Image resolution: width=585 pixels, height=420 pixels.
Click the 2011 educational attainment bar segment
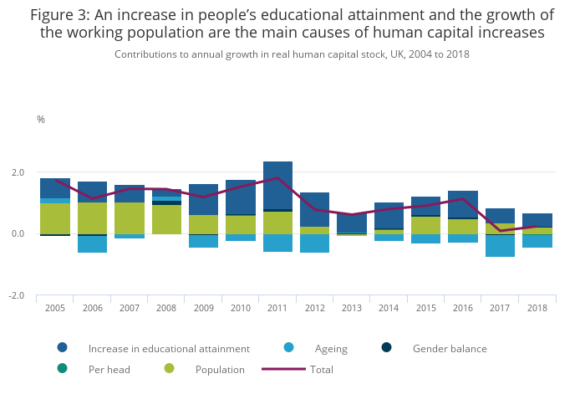[x=277, y=185]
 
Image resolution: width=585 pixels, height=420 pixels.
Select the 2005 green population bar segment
[x=55, y=218]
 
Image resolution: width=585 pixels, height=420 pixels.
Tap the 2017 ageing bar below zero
[x=500, y=246]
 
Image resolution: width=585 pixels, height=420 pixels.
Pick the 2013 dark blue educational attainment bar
[x=352, y=223]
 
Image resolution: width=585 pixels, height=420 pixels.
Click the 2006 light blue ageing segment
[x=92, y=244]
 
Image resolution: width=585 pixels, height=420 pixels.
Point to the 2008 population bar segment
[x=166, y=219]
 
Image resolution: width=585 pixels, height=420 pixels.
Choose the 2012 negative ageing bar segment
[x=314, y=243]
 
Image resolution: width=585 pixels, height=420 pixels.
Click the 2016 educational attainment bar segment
[x=463, y=204]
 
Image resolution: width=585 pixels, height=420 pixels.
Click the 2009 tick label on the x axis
[x=203, y=308]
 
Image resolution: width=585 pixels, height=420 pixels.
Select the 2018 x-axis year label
[x=537, y=308]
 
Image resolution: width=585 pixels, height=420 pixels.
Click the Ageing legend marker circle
[x=288, y=348]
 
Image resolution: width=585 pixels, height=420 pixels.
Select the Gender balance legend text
[x=450, y=348]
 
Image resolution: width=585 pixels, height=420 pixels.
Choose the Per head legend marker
[x=62, y=369]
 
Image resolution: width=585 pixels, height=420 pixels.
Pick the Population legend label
[x=220, y=369]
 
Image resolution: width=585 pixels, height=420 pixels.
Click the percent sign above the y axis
[x=41, y=120]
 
